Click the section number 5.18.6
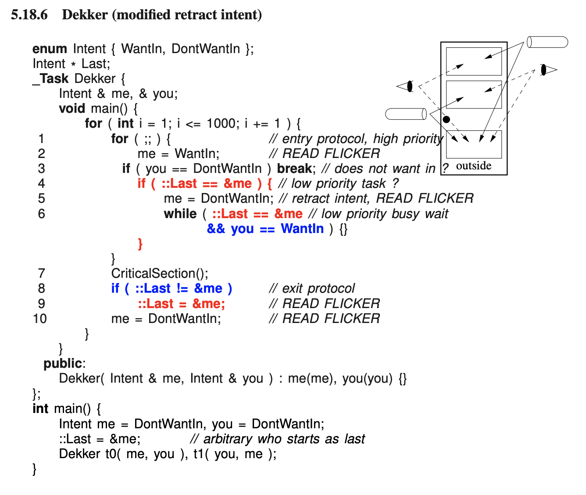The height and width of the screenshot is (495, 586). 29,15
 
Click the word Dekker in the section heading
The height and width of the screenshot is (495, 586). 85,15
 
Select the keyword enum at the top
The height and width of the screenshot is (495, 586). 50,49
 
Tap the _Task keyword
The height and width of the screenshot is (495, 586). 50,79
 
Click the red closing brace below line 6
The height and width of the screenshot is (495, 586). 140,244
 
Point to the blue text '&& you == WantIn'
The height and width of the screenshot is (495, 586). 265,229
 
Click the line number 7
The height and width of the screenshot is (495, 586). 42,274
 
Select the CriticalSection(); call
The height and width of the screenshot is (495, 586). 160,274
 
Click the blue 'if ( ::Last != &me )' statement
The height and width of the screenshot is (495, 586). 172,289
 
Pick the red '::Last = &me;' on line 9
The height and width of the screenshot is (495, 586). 181,304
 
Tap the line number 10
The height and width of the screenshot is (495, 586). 40,319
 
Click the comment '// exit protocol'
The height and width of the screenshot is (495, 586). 312,289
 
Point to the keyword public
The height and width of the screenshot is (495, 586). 63,363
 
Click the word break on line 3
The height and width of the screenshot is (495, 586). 294,169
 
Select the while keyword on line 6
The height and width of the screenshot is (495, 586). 180,214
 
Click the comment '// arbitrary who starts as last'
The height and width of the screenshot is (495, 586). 278,439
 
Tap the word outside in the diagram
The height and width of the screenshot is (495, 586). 474,166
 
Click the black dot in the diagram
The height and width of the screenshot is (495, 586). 447,119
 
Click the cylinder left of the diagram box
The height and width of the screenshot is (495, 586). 406,114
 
